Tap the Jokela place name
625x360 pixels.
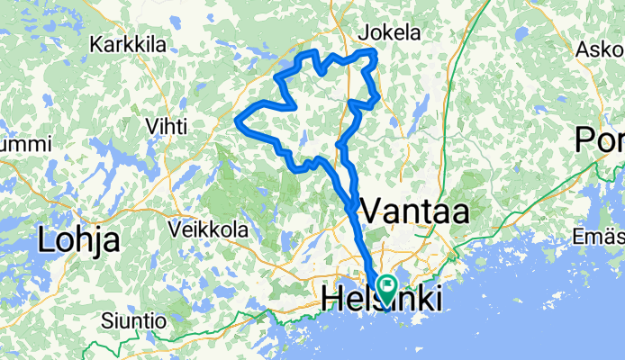point(389,33)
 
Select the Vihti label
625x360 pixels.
point(167,127)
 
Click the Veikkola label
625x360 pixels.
point(208,230)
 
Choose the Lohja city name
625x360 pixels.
point(78,240)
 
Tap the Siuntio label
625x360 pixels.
point(133,320)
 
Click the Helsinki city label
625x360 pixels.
point(382,300)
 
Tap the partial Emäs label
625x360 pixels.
point(599,237)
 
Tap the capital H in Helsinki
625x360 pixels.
point(331,300)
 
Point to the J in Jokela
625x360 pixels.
point(363,33)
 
